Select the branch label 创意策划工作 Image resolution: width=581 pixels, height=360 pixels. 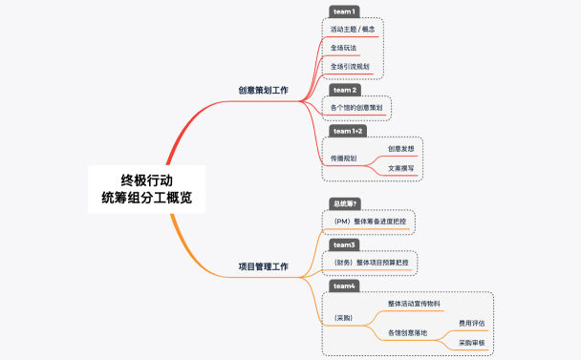coord(263,90)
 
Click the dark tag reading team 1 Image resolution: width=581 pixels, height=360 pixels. coord(344,11)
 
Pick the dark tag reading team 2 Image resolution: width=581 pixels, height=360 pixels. coord(344,90)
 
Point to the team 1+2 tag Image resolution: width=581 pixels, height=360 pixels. coord(349,131)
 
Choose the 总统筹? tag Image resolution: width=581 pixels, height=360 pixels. coord(345,203)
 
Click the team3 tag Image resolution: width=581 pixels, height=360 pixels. coord(344,244)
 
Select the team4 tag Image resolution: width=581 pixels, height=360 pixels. coord(344,286)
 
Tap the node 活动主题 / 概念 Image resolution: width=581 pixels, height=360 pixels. coord(349,30)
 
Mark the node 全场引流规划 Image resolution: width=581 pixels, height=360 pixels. coord(350,66)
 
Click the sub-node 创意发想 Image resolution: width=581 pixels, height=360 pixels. coord(400,149)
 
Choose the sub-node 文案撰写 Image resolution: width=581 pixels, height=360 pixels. coord(400,168)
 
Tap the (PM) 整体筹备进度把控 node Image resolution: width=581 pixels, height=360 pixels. coord(368,221)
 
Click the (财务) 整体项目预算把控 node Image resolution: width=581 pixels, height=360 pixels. coord(368,262)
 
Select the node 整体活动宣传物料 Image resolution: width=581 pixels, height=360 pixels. coord(414,304)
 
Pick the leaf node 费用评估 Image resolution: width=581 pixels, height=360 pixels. coord(472,323)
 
